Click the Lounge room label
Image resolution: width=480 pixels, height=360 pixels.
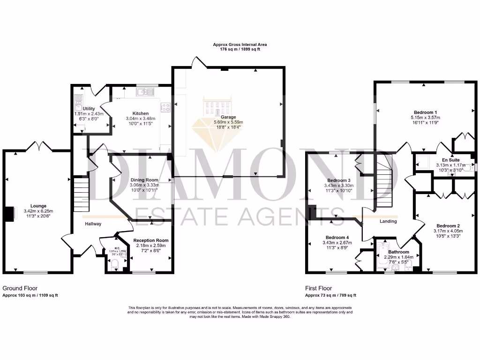tap(38, 205)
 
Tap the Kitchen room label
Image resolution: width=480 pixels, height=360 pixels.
tap(140, 113)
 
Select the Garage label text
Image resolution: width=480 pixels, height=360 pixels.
tap(229, 117)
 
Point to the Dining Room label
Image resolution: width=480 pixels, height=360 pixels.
tap(144, 180)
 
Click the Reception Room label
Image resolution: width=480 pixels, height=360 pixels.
tap(150, 240)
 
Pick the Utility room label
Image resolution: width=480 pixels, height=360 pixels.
tap(89, 109)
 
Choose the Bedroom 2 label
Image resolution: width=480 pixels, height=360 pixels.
tap(448, 225)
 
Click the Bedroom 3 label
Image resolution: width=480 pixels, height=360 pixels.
tap(339, 180)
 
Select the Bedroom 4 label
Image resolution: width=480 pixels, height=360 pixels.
tap(337, 237)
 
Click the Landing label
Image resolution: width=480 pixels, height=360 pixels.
tap(388, 221)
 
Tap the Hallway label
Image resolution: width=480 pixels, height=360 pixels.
tap(93, 224)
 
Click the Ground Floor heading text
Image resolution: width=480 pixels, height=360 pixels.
tap(20, 288)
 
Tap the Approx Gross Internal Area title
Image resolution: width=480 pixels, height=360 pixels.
tap(240, 45)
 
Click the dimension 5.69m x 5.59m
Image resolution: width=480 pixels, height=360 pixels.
tap(229, 122)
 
